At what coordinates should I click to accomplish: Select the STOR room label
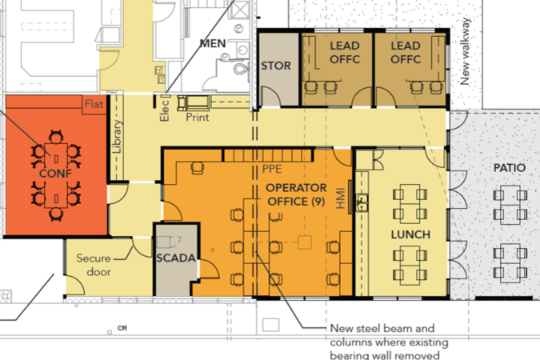click(x=276, y=66)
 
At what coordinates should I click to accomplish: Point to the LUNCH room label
click(x=410, y=234)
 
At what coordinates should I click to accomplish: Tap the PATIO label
click(x=509, y=169)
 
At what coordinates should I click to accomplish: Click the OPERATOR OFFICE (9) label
click(x=295, y=194)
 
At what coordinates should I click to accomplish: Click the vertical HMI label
click(x=341, y=199)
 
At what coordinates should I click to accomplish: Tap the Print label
click(x=198, y=117)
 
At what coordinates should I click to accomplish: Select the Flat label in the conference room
click(x=94, y=103)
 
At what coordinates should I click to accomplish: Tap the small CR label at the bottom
click(x=122, y=328)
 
